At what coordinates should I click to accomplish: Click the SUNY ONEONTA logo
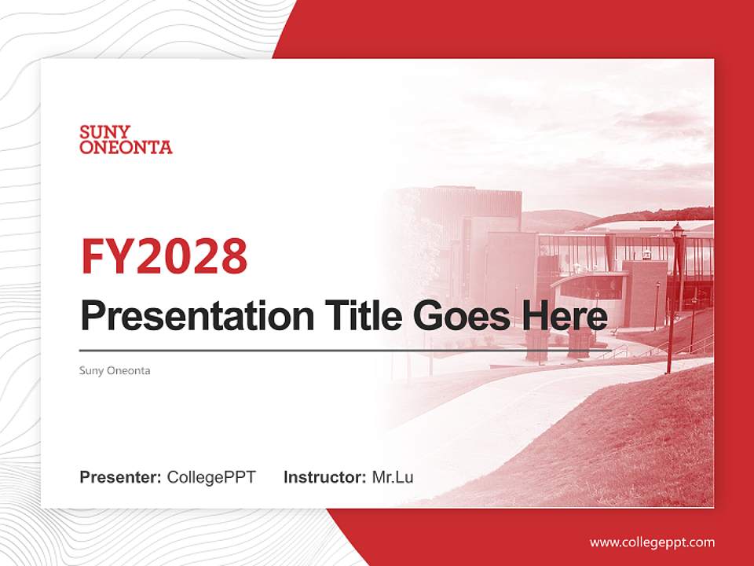point(126,139)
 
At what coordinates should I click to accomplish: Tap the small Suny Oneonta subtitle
point(115,370)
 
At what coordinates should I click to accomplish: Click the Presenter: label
point(121,477)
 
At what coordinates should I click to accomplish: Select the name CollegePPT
point(211,477)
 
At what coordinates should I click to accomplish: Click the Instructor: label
point(324,477)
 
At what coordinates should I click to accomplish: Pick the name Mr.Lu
point(393,477)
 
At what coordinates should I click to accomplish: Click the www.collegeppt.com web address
point(652,542)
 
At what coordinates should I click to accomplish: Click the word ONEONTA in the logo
point(126,147)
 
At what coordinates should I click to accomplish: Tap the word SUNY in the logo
point(104,132)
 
